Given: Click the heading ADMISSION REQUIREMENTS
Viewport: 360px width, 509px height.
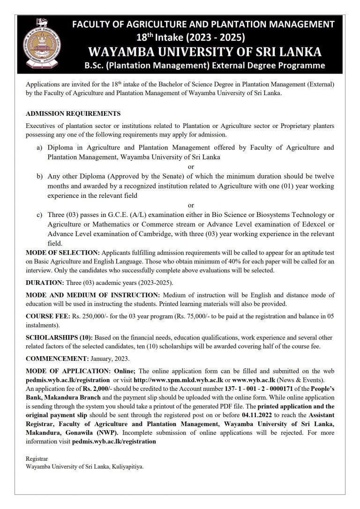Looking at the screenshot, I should pos(73,113).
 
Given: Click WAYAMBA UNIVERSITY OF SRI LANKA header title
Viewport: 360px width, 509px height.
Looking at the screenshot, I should pos(203,51).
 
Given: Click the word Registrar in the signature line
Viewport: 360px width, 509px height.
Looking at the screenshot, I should pos(37,459).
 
